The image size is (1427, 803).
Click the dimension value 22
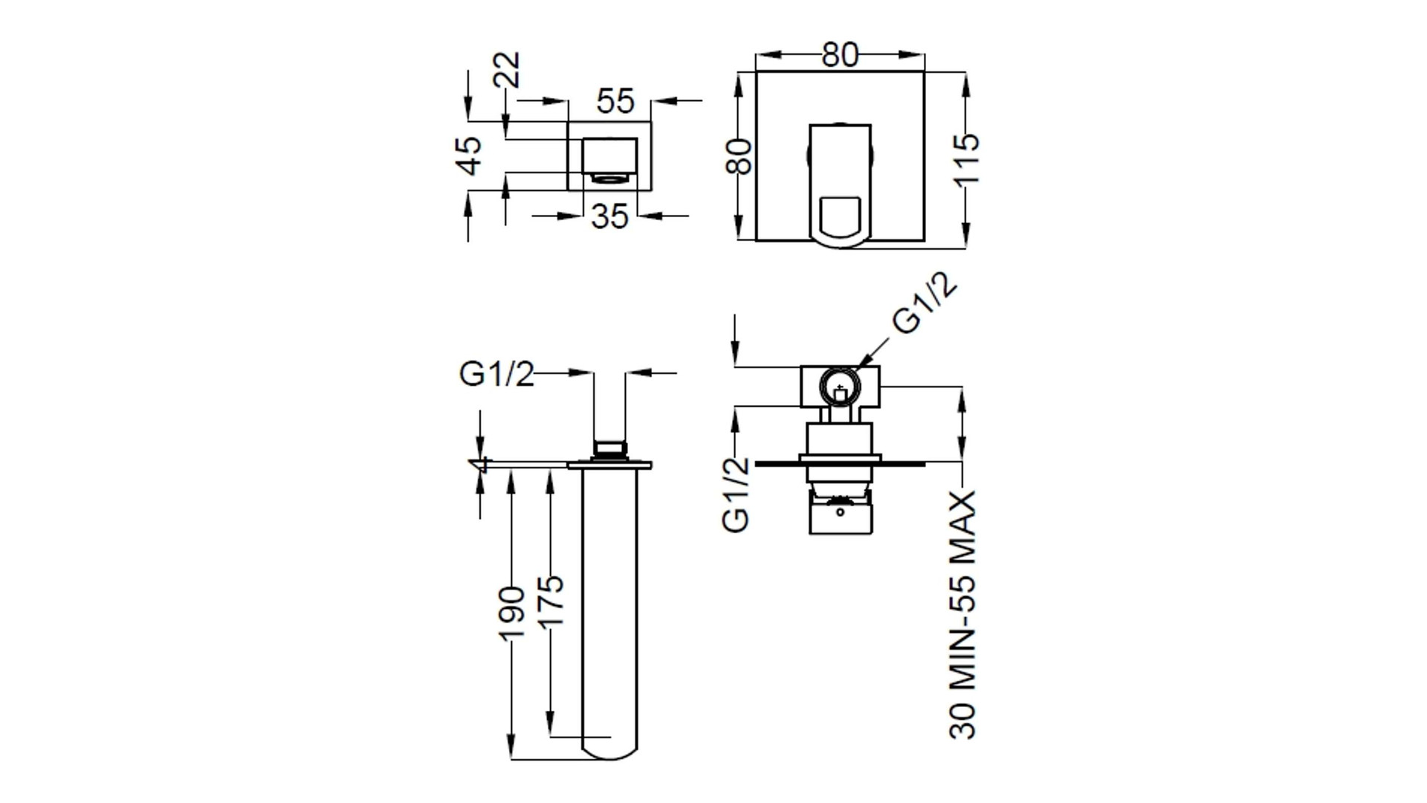tap(509, 69)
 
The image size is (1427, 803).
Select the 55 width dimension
tap(615, 101)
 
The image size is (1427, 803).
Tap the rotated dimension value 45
tap(469, 155)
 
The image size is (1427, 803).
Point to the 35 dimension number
tap(610, 216)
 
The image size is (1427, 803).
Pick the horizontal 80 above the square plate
tap(841, 54)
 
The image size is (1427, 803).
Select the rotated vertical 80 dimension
tap(740, 156)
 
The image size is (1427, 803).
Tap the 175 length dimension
tap(551, 602)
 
